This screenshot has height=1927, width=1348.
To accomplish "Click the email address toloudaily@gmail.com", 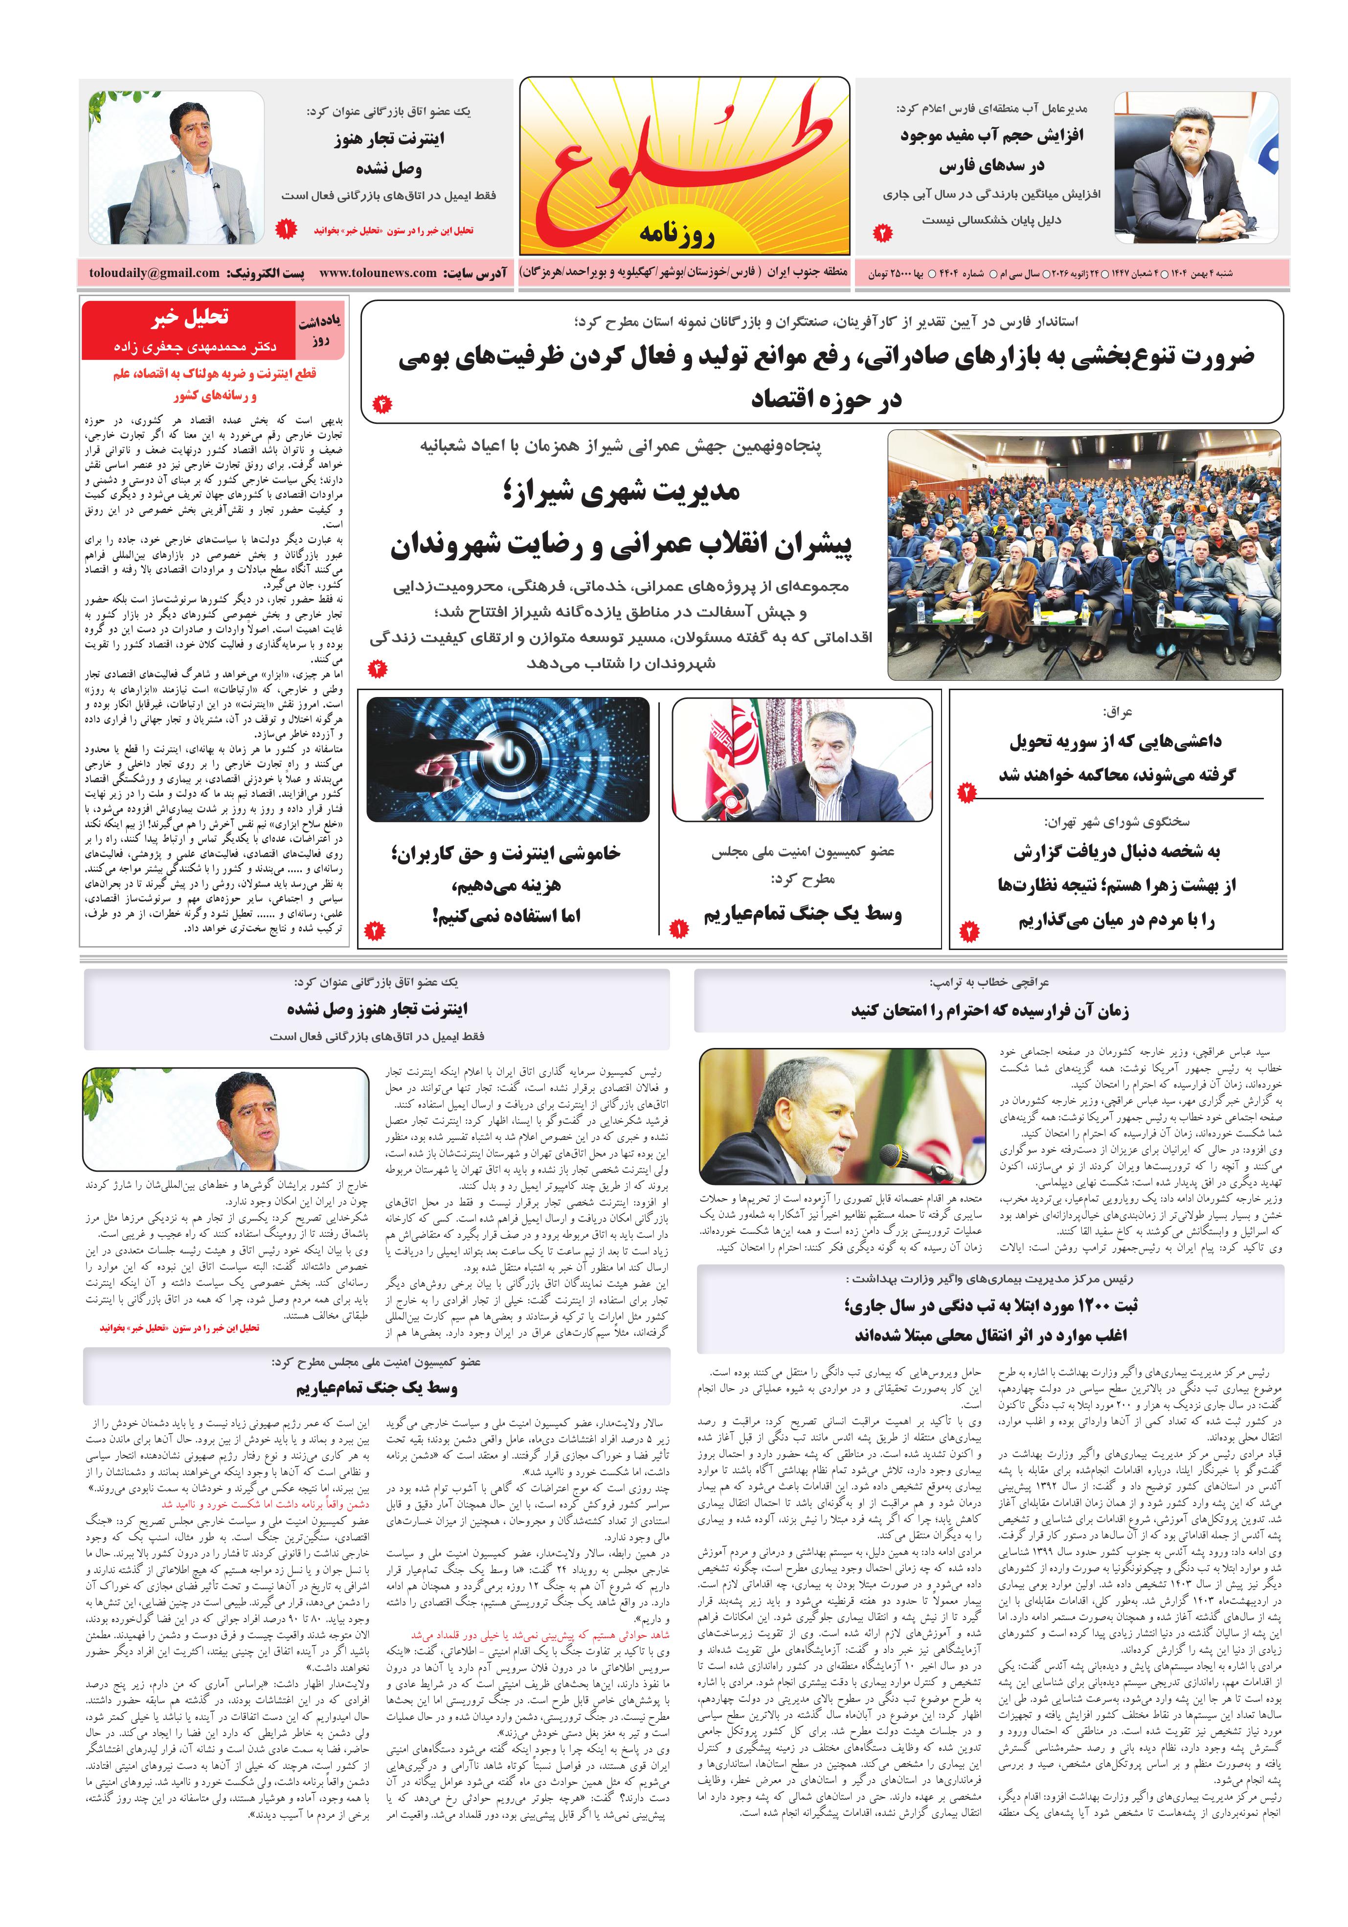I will tap(155, 273).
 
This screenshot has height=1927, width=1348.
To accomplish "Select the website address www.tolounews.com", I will tap(378, 273).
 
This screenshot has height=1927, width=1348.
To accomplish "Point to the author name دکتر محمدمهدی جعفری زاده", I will tap(195, 346).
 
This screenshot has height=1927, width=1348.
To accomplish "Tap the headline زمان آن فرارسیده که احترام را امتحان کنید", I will tap(990, 1011).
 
